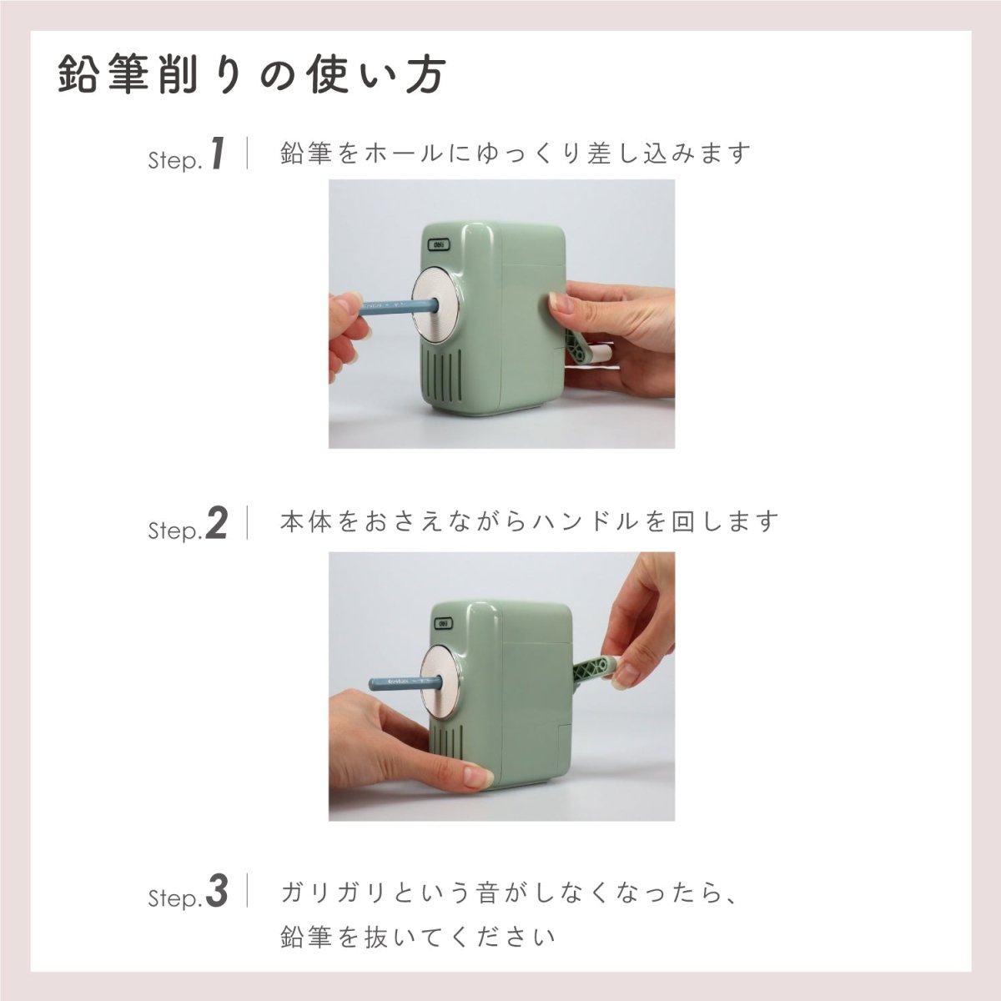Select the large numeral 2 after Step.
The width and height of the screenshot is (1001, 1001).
point(216,524)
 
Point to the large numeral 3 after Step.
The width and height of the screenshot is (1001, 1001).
point(216,892)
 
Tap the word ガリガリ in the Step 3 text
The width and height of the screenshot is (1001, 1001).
point(335,893)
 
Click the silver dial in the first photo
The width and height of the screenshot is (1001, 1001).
point(437,308)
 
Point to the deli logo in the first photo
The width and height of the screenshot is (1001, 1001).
point(439,245)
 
